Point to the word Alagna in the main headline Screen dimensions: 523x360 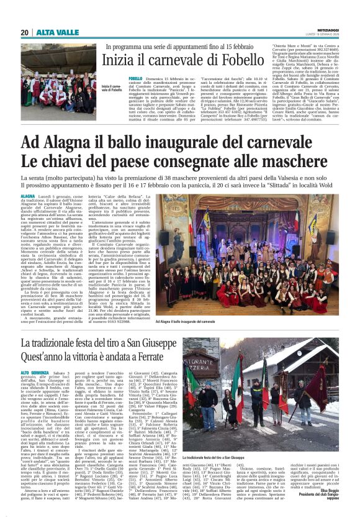(x=91, y=143)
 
